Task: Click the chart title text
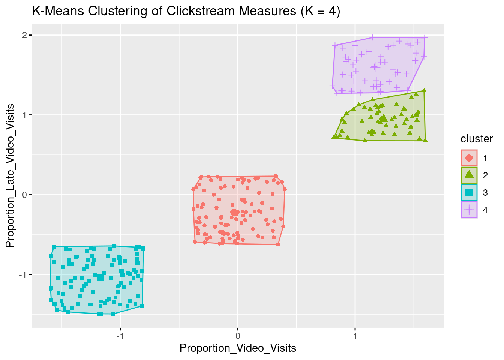coord(186,11)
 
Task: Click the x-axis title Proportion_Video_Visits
coord(238,348)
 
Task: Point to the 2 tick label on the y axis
coord(24,35)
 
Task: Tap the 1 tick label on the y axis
coord(24,115)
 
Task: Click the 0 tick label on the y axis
coord(24,195)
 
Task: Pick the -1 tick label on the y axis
coord(23,275)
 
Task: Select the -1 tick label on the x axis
coord(120,335)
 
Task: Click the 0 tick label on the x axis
coord(238,335)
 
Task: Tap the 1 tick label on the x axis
coord(355,335)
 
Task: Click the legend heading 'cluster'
coord(477,139)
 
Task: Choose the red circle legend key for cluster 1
coord(469,158)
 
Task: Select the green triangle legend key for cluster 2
coord(469,175)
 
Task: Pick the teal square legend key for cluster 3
coord(469,192)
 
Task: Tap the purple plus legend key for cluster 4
coord(469,210)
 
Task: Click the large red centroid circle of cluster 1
coord(234,212)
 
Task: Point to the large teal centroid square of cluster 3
coord(100,277)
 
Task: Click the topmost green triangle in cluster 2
coord(424,90)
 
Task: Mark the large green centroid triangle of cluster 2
coord(384,118)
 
